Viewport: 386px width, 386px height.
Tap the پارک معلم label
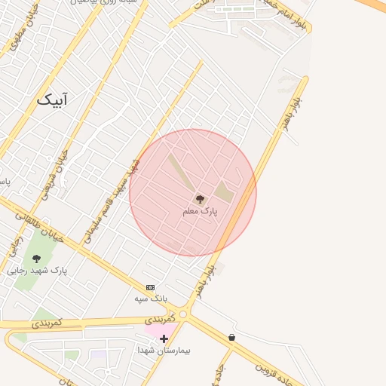tap(200, 212)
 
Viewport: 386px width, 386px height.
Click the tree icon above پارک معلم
tap(200, 199)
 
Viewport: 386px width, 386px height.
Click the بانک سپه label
tap(150, 299)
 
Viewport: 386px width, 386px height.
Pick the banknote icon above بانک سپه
tap(150, 287)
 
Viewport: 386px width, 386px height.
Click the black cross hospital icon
tap(164, 339)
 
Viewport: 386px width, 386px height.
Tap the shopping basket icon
tap(231, 337)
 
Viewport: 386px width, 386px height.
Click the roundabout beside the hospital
tap(184, 314)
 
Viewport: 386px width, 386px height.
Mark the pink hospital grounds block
tap(158, 329)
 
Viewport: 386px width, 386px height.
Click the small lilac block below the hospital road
tap(98, 354)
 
